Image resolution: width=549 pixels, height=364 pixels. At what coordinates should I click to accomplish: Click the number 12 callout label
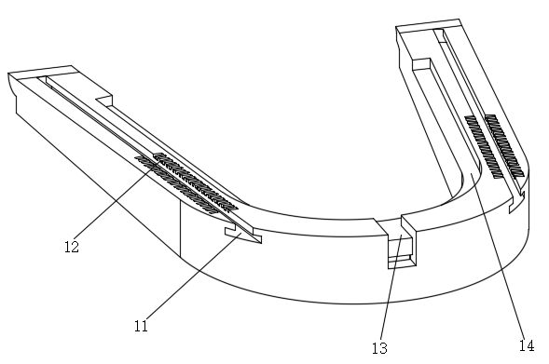72,247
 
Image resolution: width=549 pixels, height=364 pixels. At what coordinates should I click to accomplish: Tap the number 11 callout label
141,326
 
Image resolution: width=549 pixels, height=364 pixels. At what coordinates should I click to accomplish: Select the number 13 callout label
380,348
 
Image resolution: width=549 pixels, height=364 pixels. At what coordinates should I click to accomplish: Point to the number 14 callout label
527,345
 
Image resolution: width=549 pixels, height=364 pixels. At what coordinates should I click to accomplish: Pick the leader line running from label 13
391,288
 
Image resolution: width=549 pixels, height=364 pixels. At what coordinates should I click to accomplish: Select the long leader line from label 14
499,256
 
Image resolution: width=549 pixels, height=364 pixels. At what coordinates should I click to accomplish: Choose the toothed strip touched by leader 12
196,182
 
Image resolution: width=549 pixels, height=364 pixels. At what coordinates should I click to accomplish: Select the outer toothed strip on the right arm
504,145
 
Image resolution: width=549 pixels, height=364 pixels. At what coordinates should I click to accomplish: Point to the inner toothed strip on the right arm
485,147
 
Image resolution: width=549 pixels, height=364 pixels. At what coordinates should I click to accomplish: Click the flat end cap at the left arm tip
43,73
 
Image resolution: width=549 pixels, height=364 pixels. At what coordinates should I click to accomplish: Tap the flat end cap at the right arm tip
428,25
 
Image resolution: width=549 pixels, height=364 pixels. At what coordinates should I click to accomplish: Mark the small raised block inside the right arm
421,64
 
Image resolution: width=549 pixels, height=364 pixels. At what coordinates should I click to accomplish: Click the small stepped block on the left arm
104,101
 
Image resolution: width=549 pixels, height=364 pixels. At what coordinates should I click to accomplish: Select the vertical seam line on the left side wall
180,229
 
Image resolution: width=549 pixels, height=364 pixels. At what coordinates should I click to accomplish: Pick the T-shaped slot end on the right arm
516,202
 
